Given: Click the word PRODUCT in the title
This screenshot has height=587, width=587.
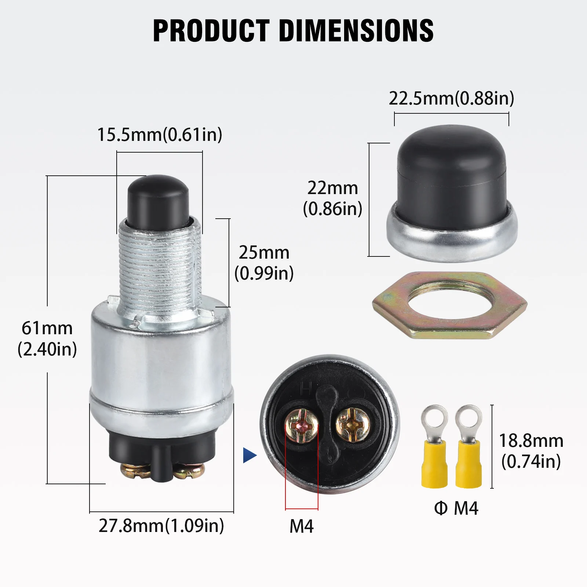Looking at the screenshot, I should click(211, 30).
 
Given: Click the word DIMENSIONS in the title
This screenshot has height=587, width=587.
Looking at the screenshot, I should click(356, 30).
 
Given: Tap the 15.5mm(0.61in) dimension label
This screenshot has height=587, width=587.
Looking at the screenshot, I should click(160, 135).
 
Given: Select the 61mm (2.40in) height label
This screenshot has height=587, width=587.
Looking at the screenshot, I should click(47, 338).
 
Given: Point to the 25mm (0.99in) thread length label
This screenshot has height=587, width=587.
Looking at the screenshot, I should click(264, 263).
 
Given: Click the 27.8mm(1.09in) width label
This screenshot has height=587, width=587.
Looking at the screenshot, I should click(161, 526).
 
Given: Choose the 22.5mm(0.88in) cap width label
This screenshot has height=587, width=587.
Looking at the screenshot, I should click(451, 98).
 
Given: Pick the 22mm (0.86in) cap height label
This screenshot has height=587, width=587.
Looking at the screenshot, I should click(332, 198).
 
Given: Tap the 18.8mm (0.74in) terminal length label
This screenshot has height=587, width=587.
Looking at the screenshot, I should click(531, 451).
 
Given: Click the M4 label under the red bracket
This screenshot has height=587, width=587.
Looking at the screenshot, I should click(302, 526).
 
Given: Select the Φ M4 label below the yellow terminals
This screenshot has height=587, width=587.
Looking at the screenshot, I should click(456, 508).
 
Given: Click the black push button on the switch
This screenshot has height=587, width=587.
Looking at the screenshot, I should click(158, 200).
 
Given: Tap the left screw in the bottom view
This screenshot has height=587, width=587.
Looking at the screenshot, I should click(302, 426).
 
